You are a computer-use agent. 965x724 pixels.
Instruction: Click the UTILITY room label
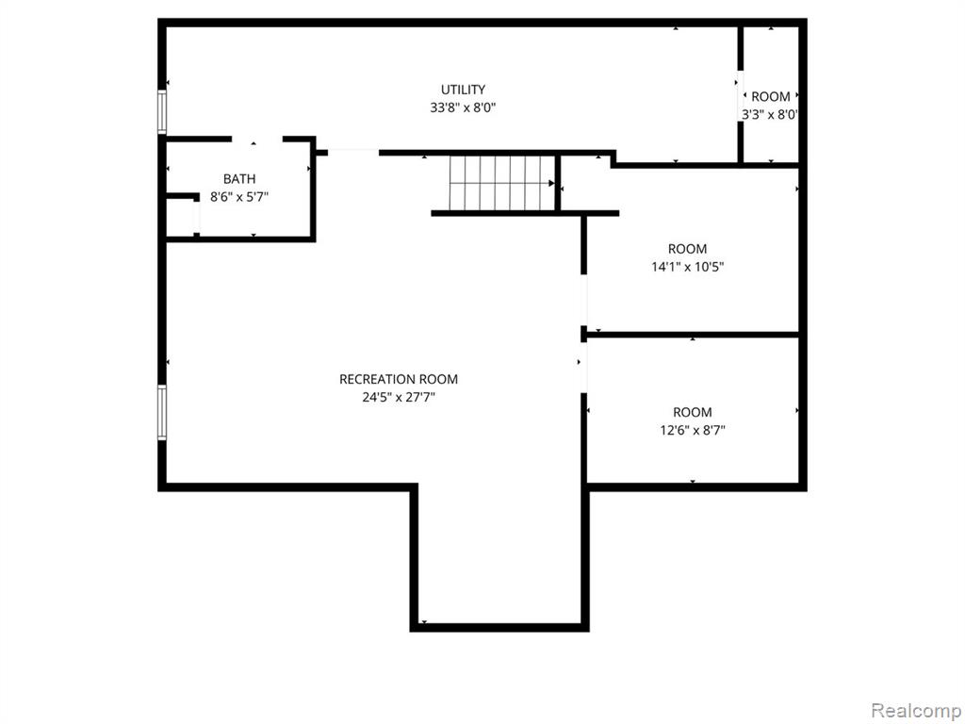click(x=463, y=90)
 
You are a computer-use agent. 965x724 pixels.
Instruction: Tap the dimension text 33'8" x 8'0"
click(x=463, y=107)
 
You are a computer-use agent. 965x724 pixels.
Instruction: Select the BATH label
click(x=239, y=179)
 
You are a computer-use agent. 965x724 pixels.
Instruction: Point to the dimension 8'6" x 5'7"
click(x=239, y=197)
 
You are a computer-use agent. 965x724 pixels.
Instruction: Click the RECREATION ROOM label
click(x=399, y=379)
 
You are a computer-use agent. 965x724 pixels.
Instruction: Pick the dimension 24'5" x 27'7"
click(x=399, y=397)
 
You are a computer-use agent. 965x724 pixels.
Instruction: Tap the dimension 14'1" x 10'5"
click(x=687, y=267)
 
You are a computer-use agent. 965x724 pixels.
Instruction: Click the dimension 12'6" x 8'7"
click(x=693, y=430)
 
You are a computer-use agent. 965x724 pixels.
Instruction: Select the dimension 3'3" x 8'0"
click(x=769, y=114)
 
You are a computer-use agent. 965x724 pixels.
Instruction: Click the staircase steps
click(x=502, y=183)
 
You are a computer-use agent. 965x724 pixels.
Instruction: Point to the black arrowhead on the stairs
click(x=551, y=183)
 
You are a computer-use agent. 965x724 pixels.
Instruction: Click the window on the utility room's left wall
click(x=162, y=111)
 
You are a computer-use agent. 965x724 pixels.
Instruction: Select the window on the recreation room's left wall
click(x=162, y=412)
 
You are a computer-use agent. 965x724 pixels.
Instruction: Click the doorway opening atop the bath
click(x=256, y=140)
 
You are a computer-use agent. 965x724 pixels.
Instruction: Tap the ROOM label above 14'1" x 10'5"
click(x=687, y=249)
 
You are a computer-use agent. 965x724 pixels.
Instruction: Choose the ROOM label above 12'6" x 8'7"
click(x=693, y=413)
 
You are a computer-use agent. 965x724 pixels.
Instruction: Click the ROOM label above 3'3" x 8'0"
click(x=771, y=97)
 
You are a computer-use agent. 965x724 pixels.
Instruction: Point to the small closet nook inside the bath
click(x=181, y=218)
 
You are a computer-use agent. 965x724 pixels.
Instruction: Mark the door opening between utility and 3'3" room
click(x=741, y=95)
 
